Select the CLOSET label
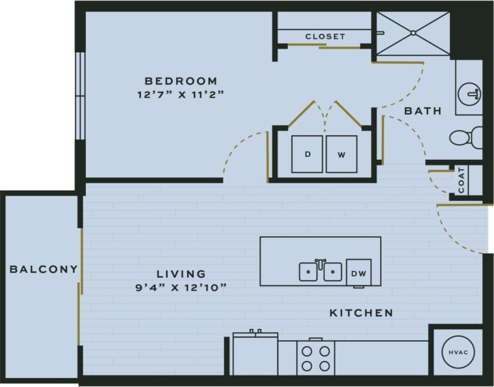pyautogui.click(x=325, y=36)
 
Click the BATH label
pyautogui.click(x=422, y=110)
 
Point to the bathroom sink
pyautogui.click(x=470, y=91)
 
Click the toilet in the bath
pyautogui.click(x=465, y=137)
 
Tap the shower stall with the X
pyautogui.click(x=411, y=33)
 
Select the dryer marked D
pyautogui.click(x=308, y=154)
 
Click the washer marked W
pyautogui.click(x=341, y=154)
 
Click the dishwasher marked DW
pyautogui.click(x=358, y=272)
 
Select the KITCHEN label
pyautogui.click(x=361, y=313)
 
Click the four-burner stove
pyautogui.click(x=315, y=357)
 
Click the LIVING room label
pyautogui.click(x=181, y=274)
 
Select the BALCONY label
pyautogui.click(x=43, y=269)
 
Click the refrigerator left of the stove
pyautogui.click(x=255, y=354)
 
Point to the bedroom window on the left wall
pyautogui.click(x=80, y=95)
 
